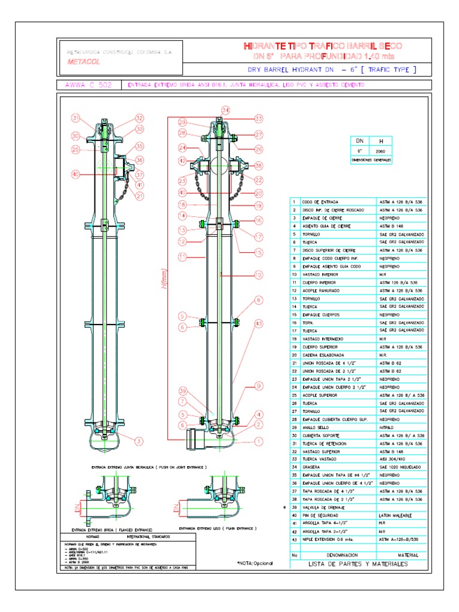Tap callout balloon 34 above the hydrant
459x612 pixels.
tap(225, 110)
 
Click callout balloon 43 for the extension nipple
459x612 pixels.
tap(258, 323)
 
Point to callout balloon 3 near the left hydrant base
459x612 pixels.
tap(139, 442)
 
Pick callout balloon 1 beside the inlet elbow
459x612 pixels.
tap(259, 442)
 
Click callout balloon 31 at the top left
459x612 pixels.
tap(76, 117)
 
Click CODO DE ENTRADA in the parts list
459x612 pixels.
tap(320, 202)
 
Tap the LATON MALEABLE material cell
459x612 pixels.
tap(395, 515)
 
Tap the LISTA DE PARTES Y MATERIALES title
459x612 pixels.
tap(357, 564)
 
